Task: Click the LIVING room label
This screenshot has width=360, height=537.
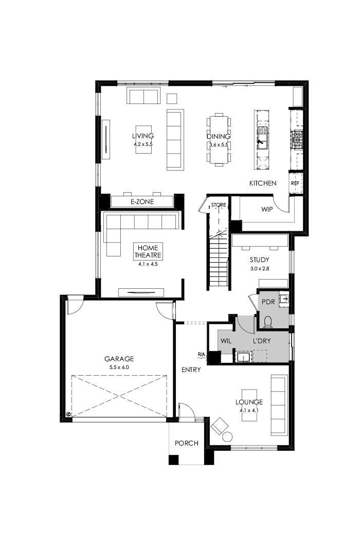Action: [x=143, y=136]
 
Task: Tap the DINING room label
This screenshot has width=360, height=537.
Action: [x=218, y=136]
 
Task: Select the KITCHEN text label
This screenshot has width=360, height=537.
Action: [x=263, y=183]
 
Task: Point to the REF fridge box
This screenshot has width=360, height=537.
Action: [x=295, y=183]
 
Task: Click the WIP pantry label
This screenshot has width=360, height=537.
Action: [x=267, y=209]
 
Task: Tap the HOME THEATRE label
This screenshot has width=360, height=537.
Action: [x=148, y=251]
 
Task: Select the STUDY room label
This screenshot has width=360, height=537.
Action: [x=260, y=260]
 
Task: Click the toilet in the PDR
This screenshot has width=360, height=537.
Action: [x=267, y=322]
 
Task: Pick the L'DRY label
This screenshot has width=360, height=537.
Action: [x=262, y=340]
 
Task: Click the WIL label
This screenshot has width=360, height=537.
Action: [x=226, y=340]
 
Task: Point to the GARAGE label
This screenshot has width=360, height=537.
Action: [x=119, y=359]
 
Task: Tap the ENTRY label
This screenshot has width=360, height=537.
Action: [x=191, y=369]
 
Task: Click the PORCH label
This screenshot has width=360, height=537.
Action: [x=186, y=443]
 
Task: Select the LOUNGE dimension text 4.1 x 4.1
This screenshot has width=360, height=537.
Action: [x=249, y=410]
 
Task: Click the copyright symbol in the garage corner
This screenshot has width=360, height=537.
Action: [x=69, y=414]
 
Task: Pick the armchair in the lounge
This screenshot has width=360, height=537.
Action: [x=220, y=425]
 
